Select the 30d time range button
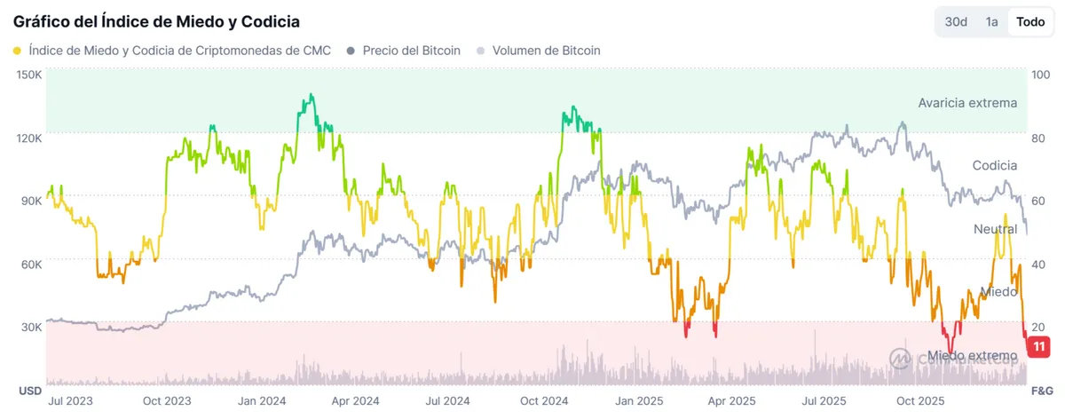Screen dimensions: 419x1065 (956, 21)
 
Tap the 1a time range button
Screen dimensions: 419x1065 (992, 21)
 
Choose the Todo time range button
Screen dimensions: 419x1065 (1030, 21)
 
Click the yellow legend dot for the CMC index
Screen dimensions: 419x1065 (18, 51)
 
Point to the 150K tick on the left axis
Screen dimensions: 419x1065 (29, 75)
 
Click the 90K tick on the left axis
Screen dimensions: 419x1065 (31, 201)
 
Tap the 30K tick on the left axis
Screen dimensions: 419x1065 (31, 327)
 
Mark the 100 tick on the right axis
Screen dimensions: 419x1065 (1042, 75)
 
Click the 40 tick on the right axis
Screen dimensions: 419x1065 (1040, 264)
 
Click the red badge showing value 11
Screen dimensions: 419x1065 (1037, 346)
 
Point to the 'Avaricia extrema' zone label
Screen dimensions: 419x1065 (967, 103)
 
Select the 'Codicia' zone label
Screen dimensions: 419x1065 (994, 166)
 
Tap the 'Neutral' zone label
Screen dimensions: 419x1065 (995, 229)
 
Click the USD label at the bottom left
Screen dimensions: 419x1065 (31, 391)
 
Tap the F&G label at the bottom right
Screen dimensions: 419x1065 (1041, 391)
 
